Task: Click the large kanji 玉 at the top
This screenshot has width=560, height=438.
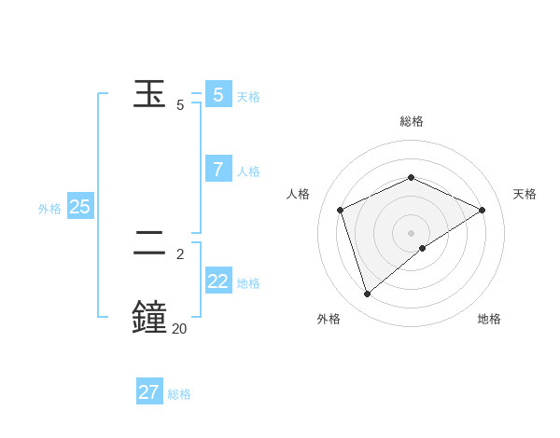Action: (x=151, y=95)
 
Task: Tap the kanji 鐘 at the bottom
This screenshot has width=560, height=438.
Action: (x=151, y=316)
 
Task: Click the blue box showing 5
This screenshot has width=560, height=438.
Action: (x=218, y=94)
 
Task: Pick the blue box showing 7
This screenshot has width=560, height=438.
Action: (x=218, y=169)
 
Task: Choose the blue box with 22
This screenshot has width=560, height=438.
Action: (x=218, y=281)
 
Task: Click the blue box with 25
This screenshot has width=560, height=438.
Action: (x=80, y=207)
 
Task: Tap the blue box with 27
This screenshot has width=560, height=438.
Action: (x=149, y=392)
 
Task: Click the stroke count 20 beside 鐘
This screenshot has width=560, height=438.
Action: (x=179, y=327)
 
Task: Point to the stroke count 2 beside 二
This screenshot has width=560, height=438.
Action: (x=180, y=253)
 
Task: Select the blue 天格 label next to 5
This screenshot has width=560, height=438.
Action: (x=248, y=97)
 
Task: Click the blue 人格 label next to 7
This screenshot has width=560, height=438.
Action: (x=248, y=171)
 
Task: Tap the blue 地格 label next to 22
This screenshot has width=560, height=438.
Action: (x=248, y=283)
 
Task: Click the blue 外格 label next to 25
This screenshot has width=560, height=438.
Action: (x=49, y=209)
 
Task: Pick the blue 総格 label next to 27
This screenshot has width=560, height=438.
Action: (x=179, y=394)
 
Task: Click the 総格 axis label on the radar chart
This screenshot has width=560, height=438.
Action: (x=412, y=121)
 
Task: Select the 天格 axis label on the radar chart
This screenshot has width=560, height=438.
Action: (x=525, y=194)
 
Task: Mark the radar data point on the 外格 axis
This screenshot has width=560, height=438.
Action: (x=367, y=294)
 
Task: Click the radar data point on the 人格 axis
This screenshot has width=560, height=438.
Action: (x=340, y=210)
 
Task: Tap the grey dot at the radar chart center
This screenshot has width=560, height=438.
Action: (x=411, y=233)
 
